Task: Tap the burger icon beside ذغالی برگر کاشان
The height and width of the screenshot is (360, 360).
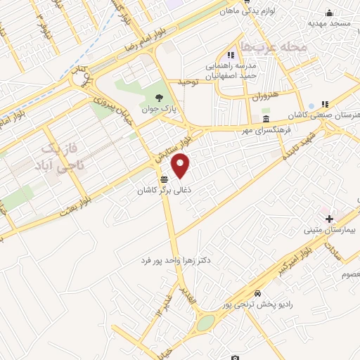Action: tap(164, 179)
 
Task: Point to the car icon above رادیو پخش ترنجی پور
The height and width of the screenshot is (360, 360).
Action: tap(259, 292)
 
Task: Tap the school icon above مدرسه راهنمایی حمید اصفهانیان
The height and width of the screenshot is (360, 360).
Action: tap(231, 55)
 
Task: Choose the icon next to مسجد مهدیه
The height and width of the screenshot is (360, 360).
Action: tap(328, 13)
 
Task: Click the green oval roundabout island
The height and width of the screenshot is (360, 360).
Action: tap(206, 323)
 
